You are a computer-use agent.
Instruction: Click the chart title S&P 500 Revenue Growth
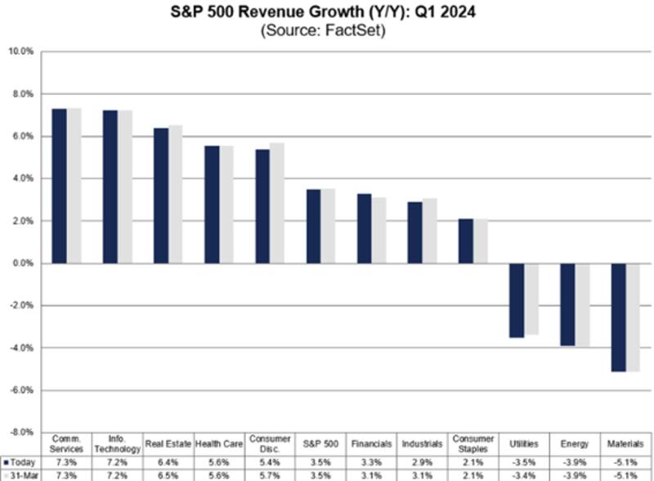[327, 14]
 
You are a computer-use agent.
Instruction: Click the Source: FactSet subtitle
[327, 31]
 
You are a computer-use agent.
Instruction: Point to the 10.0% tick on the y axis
[20, 52]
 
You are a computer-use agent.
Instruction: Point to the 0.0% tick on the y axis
[22, 263]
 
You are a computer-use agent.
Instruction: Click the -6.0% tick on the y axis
[20, 390]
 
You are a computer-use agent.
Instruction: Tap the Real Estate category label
[168, 443]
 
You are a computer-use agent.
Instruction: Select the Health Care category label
[218, 443]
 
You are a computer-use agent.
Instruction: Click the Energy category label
[576, 443]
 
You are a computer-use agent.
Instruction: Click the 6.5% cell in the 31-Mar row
[168, 474]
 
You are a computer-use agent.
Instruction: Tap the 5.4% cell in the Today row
[270, 461]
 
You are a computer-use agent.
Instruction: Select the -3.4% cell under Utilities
[524, 474]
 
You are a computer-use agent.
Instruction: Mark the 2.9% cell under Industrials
[423, 461]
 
